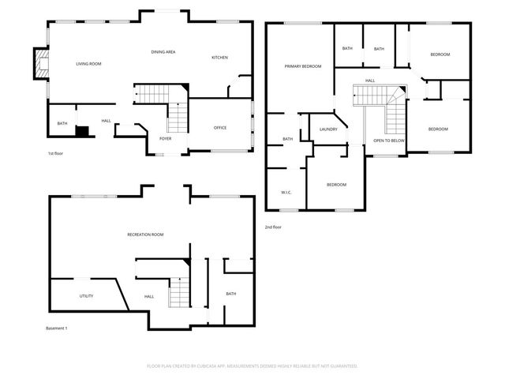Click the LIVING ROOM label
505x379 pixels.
tap(88, 63)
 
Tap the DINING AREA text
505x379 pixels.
tap(163, 52)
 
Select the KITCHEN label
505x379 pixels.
tap(219, 58)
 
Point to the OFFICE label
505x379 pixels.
tap(220, 127)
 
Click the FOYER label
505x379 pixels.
tap(165, 138)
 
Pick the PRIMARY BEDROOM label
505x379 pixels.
tap(303, 66)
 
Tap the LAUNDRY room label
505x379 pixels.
tap(328, 129)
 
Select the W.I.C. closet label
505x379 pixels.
tap(286, 192)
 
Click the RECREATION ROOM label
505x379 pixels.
tap(145, 235)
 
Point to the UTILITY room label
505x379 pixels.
tap(86, 296)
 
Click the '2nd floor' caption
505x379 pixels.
tap(273, 227)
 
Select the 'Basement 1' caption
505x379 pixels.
tap(56, 328)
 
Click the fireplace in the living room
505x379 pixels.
tap(38, 64)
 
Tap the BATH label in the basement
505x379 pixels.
tap(230, 294)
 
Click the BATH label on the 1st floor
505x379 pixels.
tap(62, 124)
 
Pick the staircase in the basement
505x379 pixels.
tap(180, 294)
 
